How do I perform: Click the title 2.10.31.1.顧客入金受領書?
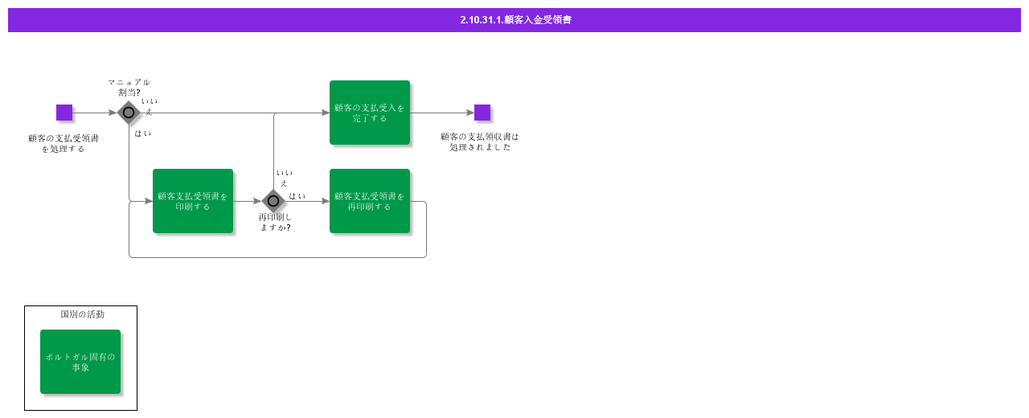(x=515, y=20)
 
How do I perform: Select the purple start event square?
(x=64, y=113)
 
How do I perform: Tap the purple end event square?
(x=482, y=113)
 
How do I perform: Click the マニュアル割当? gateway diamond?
(x=129, y=113)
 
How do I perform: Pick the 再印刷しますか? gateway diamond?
(x=273, y=201)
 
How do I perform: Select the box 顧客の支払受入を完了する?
(x=370, y=113)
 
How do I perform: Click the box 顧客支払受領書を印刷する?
(x=193, y=201)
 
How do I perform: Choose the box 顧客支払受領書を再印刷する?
(x=370, y=201)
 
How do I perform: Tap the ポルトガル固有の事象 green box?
(x=80, y=362)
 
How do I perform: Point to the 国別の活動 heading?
(x=83, y=314)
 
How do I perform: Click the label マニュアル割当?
(x=129, y=88)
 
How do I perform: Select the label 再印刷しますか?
(x=275, y=222)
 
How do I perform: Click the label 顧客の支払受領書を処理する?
(x=64, y=143)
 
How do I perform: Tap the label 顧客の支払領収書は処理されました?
(x=480, y=142)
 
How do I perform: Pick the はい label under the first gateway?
(x=143, y=133)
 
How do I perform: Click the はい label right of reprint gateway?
(x=297, y=196)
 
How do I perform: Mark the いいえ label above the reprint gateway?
(x=285, y=178)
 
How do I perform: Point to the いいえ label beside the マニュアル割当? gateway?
(x=150, y=107)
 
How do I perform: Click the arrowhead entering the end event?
(x=470, y=113)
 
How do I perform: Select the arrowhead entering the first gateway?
(x=113, y=113)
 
